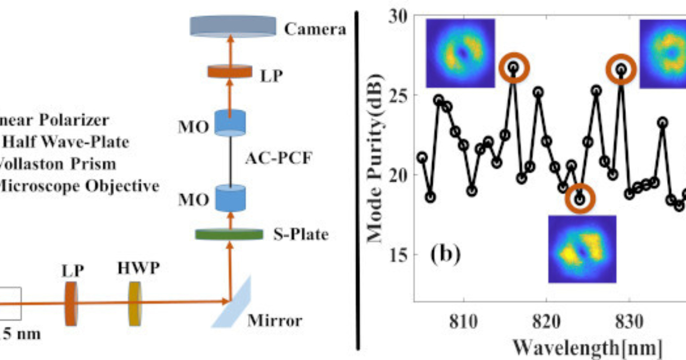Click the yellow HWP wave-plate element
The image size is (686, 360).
135,305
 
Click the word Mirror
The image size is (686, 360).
274,320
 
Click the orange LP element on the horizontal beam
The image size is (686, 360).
72,305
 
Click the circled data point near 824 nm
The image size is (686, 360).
580,199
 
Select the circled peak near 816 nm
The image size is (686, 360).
513,67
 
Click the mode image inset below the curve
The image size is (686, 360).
582,249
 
